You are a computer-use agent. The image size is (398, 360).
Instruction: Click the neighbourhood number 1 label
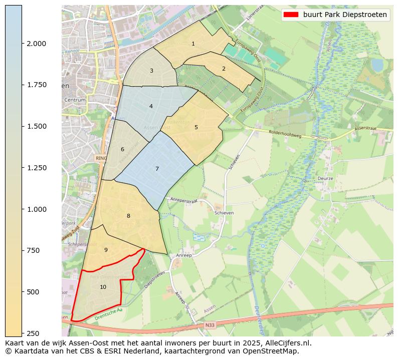coord(193,44)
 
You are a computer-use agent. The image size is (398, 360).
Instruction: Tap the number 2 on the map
coord(224,69)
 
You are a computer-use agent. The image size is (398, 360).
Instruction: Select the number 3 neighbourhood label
coord(151,71)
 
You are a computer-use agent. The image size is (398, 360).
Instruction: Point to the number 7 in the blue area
coord(157,169)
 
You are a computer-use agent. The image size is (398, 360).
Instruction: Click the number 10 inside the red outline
coord(103,287)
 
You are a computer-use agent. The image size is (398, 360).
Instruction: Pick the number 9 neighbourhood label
coord(106,250)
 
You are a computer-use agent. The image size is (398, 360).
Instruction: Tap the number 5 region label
coord(196,127)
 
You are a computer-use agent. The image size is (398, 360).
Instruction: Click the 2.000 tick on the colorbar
coord(37,44)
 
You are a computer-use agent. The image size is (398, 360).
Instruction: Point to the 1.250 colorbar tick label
coord(37,168)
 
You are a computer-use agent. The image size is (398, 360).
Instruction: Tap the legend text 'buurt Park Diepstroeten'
coord(345,15)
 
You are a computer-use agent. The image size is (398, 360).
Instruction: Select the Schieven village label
coord(224,213)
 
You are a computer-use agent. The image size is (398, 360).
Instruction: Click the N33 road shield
coord(210,325)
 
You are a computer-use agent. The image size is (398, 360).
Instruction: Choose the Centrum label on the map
coord(75,100)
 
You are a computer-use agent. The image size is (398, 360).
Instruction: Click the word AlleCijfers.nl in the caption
coord(287,343)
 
